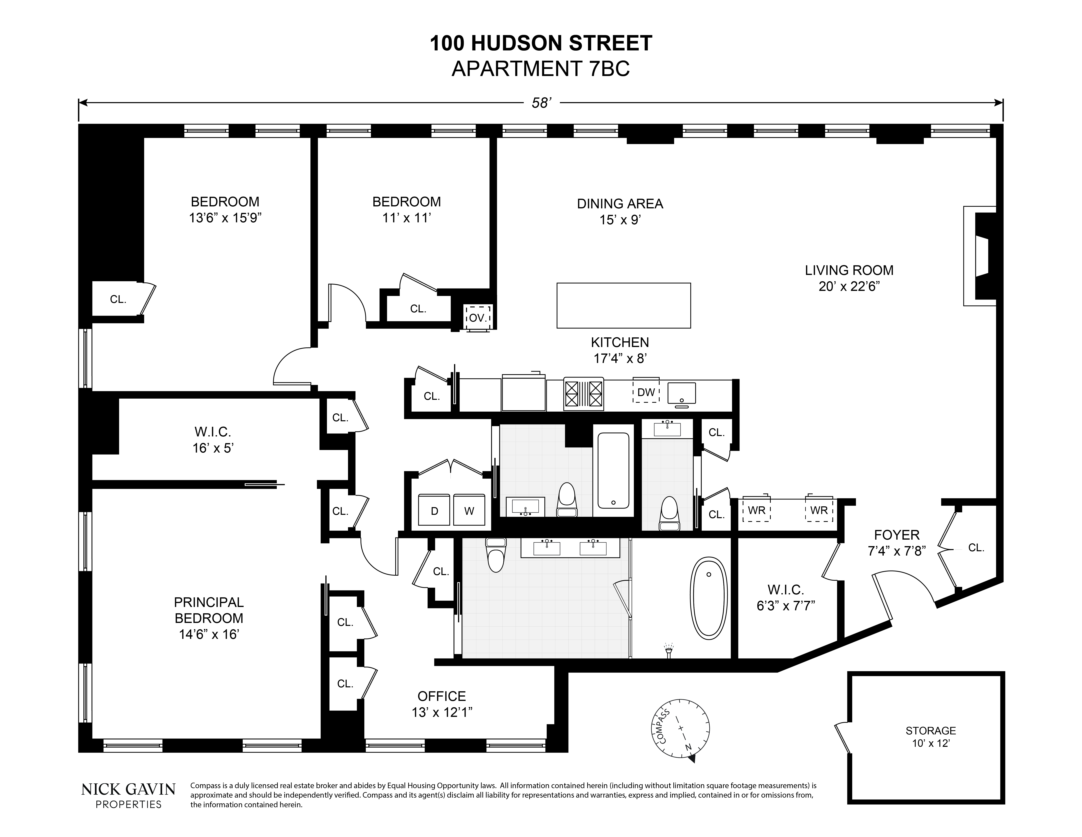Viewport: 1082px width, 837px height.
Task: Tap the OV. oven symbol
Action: click(x=478, y=317)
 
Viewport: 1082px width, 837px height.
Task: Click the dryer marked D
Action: click(x=435, y=511)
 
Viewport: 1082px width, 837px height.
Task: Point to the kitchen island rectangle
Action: click(x=624, y=305)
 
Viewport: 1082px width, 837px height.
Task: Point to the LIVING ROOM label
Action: click(x=849, y=270)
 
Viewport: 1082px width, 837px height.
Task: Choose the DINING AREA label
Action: click(x=620, y=204)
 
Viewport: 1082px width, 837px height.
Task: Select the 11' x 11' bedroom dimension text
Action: click(x=406, y=218)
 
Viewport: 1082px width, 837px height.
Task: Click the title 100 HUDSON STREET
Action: click(x=541, y=44)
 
